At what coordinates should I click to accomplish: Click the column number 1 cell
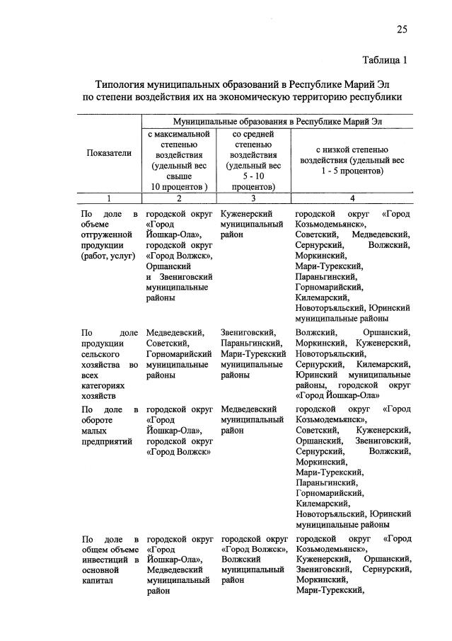(109, 198)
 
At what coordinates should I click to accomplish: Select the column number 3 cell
(253, 198)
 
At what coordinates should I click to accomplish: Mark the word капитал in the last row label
(98, 588)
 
